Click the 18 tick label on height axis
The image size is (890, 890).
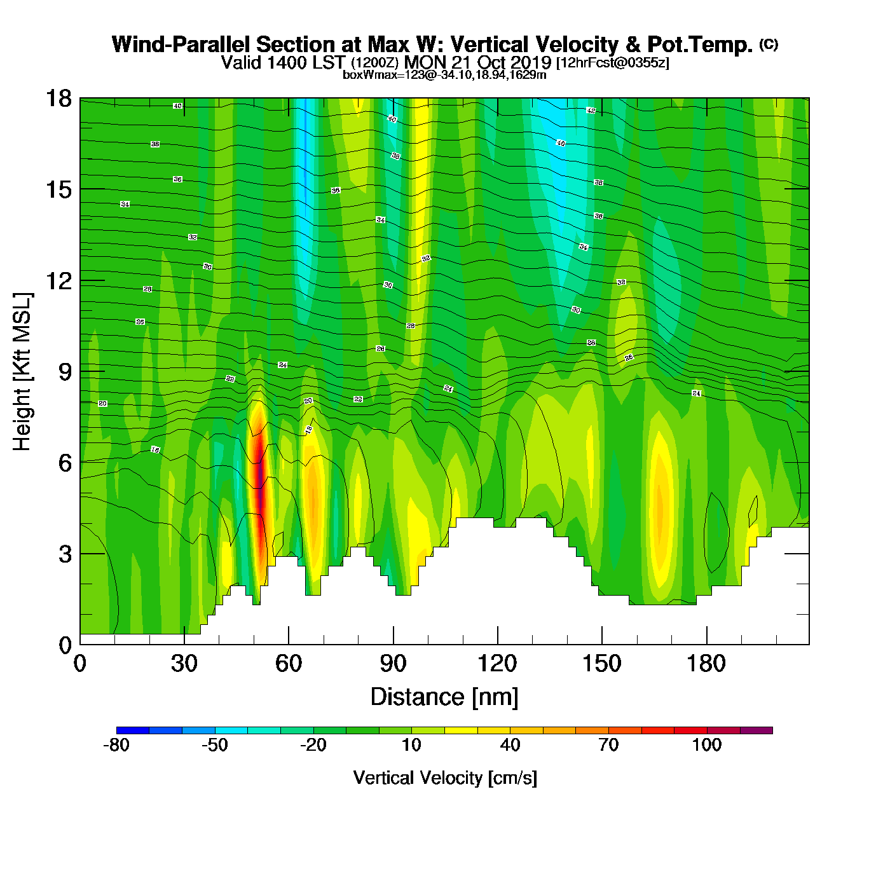pos(58,99)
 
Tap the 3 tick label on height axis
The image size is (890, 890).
pos(65,554)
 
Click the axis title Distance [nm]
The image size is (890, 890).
pos(444,697)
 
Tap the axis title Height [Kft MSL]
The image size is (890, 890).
pos(22,372)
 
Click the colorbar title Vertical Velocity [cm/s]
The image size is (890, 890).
pos(444,777)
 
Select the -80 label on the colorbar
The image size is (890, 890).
pos(116,745)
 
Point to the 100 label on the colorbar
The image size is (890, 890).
pos(707,745)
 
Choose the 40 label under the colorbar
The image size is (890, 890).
pos(510,745)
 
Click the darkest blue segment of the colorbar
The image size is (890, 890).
pos(133,730)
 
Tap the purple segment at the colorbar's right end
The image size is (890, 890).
pos(756,730)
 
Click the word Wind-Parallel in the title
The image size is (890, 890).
pos(181,44)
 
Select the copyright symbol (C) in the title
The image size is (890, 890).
pos(769,44)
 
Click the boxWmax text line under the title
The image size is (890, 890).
pos(444,74)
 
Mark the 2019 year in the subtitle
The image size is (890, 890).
pos(531,62)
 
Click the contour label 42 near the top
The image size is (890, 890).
pos(591,111)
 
